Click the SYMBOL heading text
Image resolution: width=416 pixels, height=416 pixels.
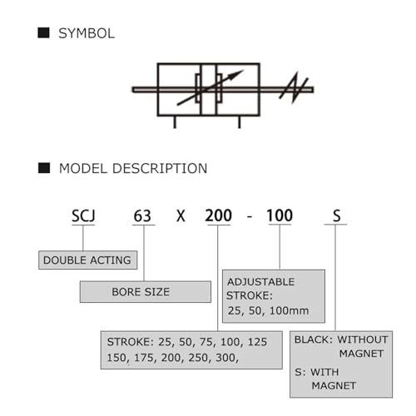87,33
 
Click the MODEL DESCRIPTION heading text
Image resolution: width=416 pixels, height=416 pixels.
133,169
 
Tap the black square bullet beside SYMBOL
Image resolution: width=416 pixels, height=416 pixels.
43,32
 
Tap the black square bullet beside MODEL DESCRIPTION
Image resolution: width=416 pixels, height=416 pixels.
44,168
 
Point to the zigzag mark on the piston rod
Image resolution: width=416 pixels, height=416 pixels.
294,87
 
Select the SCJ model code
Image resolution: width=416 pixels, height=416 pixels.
83,215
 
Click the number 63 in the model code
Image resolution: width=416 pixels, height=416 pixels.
142,216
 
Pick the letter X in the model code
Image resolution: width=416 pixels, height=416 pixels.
181,216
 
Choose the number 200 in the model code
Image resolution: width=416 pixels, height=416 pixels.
218,215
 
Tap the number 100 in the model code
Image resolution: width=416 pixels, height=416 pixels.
280,215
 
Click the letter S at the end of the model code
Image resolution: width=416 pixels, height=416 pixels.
336,216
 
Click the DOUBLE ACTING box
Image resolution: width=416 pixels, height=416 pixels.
87,260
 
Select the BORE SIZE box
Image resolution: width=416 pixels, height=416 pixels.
146,292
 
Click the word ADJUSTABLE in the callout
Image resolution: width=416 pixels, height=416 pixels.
261,282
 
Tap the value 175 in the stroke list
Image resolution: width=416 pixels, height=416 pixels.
142,358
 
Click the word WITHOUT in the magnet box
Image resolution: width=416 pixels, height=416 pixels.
363,339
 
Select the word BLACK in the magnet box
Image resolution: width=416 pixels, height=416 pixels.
312,339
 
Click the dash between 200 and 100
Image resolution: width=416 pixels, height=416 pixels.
250,216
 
